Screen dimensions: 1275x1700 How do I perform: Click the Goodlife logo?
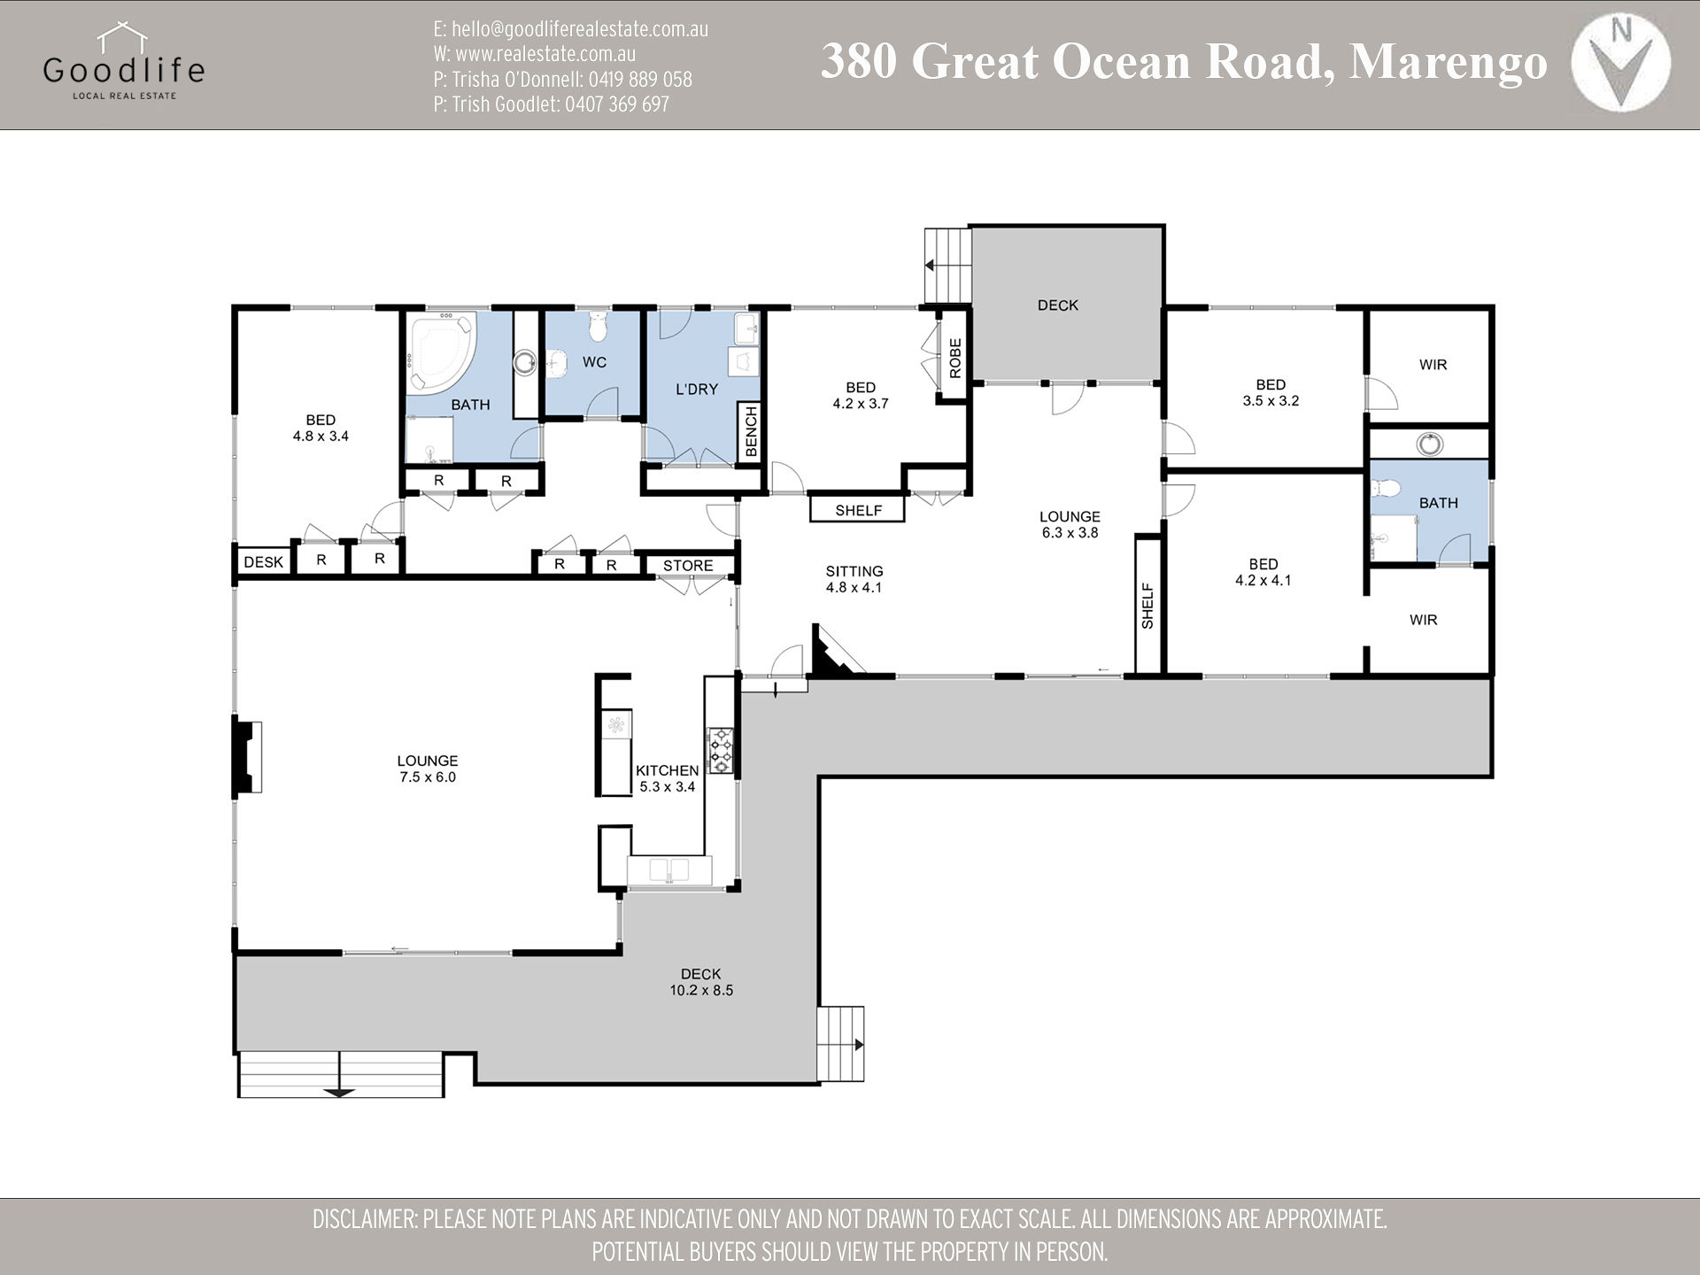[123, 63]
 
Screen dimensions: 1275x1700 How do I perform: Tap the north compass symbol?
[1620, 65]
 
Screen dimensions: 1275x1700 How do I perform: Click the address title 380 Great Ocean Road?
[1183, 62]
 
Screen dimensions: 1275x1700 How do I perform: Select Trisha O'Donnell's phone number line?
[562, 80]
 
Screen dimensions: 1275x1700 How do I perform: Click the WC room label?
[594, 362]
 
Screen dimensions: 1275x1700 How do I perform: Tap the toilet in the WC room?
[599, 326]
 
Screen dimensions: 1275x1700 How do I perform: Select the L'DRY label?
[697, 389]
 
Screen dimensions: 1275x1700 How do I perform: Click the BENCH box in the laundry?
[751, 432]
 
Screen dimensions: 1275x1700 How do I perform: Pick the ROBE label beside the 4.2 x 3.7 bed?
[954, 359]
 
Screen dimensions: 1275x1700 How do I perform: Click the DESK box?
[263, 561]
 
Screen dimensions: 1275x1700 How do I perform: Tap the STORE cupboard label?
[688, 566]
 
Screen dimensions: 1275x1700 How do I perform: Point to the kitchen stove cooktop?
[720, 750]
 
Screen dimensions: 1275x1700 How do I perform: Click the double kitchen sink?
[668, 869]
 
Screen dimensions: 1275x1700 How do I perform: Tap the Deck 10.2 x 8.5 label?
[701, 982]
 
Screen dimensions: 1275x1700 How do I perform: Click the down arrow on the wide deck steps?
[340, 1092]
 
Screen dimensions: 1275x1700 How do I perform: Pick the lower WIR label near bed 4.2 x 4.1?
[1423, 620]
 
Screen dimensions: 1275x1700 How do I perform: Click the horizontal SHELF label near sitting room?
[858, 510]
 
